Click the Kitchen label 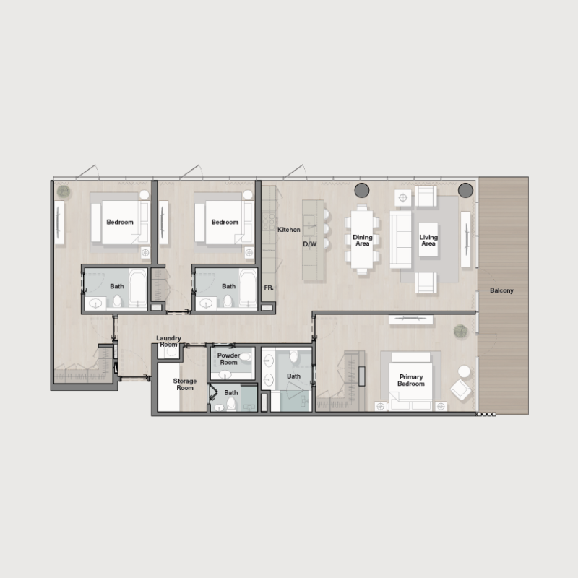(289, 230)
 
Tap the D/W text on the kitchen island (310, 244)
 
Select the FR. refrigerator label (268, 288)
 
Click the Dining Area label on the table (362, 241)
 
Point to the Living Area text (428, 241)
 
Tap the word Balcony (501, 290)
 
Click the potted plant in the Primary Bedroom (460, 332)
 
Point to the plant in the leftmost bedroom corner (64, 191)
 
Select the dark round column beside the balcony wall (465, 190)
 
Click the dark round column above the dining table (362, 190)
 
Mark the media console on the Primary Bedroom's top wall (411, 319)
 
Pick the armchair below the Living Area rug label (426, 282)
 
